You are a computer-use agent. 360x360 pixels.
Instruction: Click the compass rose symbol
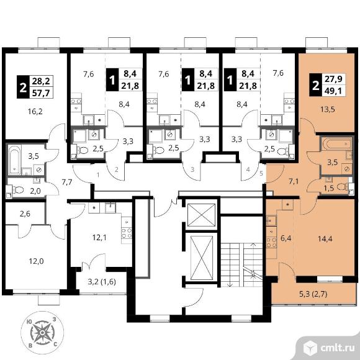click(42, 333)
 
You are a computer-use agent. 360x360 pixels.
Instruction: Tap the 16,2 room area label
click(35, 112)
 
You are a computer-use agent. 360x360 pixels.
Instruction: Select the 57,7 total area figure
click(41, 93)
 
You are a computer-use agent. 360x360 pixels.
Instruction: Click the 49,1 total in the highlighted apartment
click(333, 91)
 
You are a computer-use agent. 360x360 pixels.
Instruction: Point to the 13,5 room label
click(328, 109)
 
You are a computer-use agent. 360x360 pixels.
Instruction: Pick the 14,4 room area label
click(325, 239)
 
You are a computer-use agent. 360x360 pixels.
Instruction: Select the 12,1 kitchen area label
click(99, 238)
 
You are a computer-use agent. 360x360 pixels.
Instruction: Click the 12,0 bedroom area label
click(36, 261)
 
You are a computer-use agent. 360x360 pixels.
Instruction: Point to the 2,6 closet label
click(25, 214)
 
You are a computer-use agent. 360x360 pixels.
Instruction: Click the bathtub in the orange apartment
click(336, 144)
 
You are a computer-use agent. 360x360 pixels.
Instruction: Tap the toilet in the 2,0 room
click(19, 190)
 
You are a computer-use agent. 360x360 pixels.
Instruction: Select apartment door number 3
click(192, 169)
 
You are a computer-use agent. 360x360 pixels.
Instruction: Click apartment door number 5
click(261, 173)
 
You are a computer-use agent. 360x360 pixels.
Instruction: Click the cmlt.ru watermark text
click(337, 348)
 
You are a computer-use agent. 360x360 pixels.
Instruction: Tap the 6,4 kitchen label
click(286, 238)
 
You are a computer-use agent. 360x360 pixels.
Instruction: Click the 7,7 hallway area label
click(67, 182)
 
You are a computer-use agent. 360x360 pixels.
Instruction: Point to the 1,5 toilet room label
click(328, 188)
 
